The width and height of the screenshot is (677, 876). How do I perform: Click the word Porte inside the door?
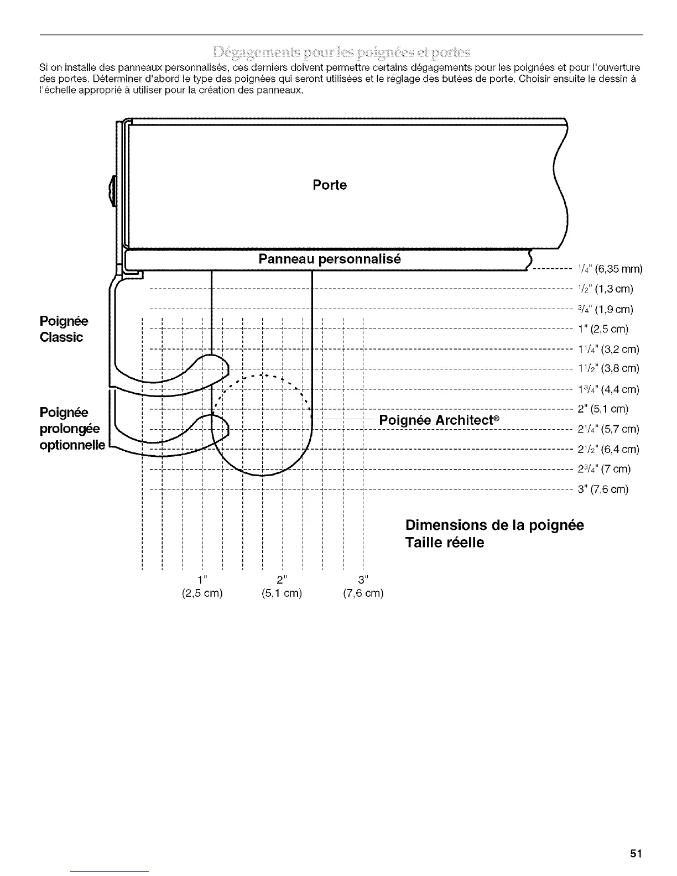[330, 185]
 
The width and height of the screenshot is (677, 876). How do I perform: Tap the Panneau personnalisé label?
[330, 259]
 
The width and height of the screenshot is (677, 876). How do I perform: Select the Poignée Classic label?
[64, 329]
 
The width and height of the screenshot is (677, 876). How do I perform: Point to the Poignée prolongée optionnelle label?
[72, 429]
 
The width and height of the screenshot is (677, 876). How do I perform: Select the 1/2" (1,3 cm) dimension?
[605, 289]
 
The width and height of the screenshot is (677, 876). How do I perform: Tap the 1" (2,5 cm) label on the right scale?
[603, 329]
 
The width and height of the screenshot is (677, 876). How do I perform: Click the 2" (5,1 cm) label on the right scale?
[603, 409]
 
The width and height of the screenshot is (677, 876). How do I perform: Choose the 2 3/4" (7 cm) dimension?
[604, 469]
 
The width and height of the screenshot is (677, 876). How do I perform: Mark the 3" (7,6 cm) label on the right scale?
[603, 489]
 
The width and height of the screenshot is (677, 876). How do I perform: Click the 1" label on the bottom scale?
[202, 579]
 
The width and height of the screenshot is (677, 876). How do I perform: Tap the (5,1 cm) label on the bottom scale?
[282, 593]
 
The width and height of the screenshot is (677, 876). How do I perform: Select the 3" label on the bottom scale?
[363, 579]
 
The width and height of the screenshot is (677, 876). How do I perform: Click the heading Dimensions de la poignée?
[494, 525]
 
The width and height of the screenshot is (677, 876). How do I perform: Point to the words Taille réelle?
[445, 543]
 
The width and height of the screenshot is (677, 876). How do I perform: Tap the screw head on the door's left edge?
[113, 190]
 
